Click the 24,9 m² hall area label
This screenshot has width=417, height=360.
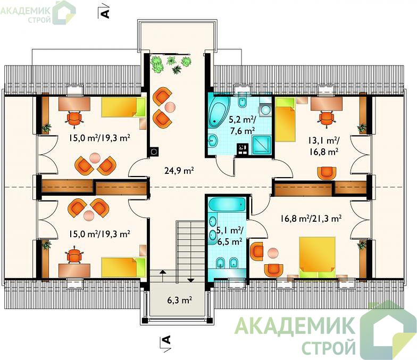[x=179, y=170]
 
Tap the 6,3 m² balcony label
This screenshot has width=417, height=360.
[x=179, y=300]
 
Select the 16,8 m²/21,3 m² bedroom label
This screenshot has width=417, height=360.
[x=311, y=219]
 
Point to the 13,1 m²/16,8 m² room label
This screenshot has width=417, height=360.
[x=323, y=146]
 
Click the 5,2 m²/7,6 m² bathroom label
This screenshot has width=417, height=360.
[x=243, y=125]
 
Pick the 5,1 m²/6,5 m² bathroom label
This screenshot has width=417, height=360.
[x=230, y=236]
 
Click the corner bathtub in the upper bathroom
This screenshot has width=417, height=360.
[x=219, y=112]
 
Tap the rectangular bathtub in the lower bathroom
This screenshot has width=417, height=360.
[x=227, y=205]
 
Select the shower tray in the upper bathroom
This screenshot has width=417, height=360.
[x=262, y=145]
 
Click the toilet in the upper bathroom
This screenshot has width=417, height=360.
[x=243, y=101]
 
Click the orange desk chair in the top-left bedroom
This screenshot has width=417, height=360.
[x=73, y=118]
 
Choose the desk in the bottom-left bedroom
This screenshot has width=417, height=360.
[x=74, y=270]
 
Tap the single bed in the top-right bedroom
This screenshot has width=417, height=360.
[x=286, y=119]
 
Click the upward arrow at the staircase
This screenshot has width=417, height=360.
[x=162, y=275]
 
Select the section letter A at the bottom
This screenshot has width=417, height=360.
[x=166, y=340]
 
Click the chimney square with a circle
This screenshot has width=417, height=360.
[x=154, y=152]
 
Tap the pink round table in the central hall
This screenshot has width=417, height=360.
[x=170, y=107]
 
